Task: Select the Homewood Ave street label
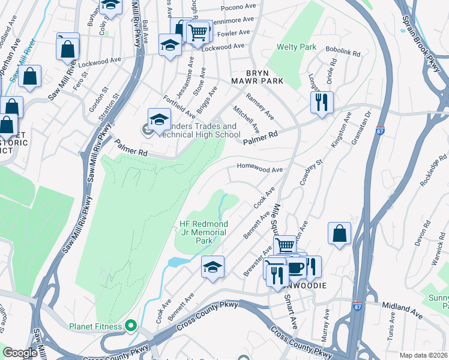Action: [260, 170]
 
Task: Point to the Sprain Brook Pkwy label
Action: [426, 36]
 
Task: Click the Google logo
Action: [20, 353]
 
